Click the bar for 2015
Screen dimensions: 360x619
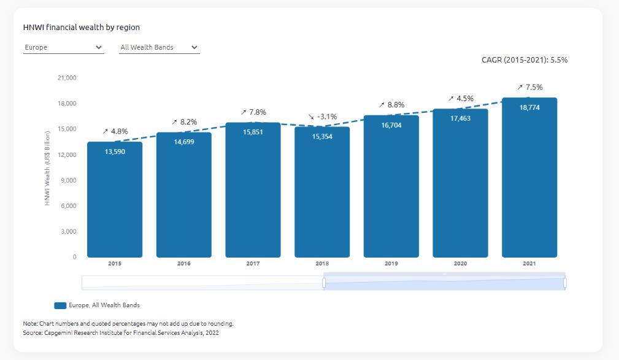[x=115, y=199]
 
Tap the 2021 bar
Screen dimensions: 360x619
[x=529, y=177]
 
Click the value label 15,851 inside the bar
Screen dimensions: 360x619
[x=253, y=132]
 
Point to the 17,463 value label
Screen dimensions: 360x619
[x=460, y=118]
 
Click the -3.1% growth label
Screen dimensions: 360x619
[x=323, y=117]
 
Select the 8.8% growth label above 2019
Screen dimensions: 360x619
[x=392, y=105]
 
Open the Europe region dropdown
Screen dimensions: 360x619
[x=63, y=47]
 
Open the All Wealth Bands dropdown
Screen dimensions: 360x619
[x=159, y=47]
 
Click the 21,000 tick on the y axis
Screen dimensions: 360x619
[x=66, y=78]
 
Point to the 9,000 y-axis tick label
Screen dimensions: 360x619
[x=67, y=180]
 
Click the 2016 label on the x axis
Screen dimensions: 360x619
[x=184, y=264]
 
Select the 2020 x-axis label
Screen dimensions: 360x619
[x=460, y=264]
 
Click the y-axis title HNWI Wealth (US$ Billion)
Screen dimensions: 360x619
[x=48, y=167]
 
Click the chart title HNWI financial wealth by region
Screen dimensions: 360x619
[x=82, y=28]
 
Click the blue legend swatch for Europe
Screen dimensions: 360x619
[x=60, y=305]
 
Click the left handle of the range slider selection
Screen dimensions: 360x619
[x=324, y=283]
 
